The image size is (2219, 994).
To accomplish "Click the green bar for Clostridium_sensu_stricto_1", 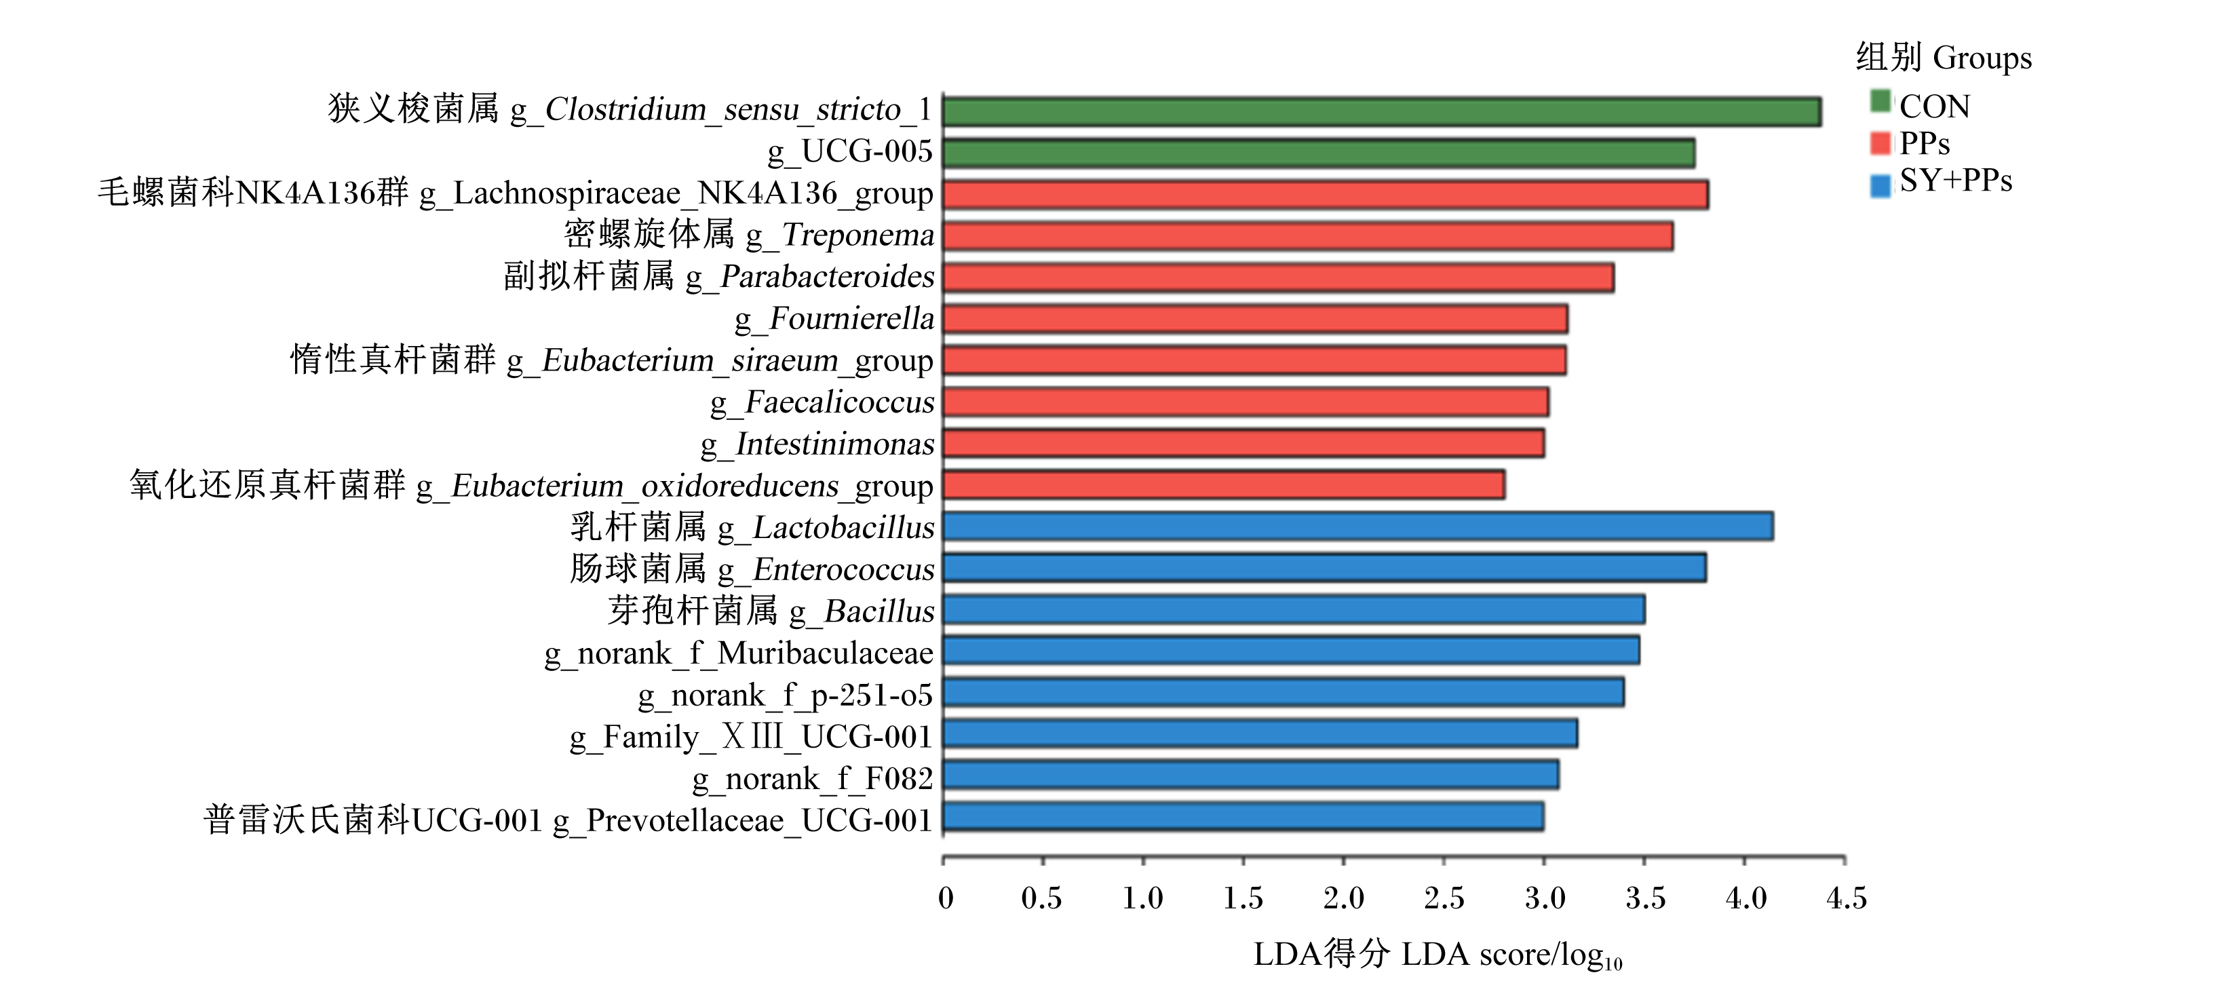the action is click(1382, 112).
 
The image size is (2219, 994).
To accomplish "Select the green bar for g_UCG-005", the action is click(1319, 153).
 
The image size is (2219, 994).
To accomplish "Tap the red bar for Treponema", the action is click(1308, 236).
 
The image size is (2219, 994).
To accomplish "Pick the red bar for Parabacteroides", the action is click(1278, 278).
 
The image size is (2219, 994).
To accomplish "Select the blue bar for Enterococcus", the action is click(1324, 568).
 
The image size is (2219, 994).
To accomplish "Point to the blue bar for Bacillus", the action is click(1294, 609).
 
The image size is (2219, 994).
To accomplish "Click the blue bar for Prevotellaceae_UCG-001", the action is click(1243, 816).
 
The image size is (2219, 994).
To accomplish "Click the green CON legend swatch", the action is click(1880, 102).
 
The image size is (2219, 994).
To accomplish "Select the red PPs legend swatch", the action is click(1880, 143).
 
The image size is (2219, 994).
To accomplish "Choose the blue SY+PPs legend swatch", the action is click(1880, 185).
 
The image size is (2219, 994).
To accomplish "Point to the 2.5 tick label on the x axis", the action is click(1444, 898).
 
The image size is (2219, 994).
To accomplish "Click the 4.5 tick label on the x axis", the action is click(1846, 898).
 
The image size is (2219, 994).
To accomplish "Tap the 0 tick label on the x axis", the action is click(946, 898).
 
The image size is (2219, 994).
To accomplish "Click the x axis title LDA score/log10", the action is click(1511, 955).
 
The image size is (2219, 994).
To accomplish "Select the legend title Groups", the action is click(1982, 58).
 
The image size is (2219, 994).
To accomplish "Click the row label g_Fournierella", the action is click(834, 320).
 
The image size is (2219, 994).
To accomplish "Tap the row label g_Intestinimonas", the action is click(817, 444).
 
